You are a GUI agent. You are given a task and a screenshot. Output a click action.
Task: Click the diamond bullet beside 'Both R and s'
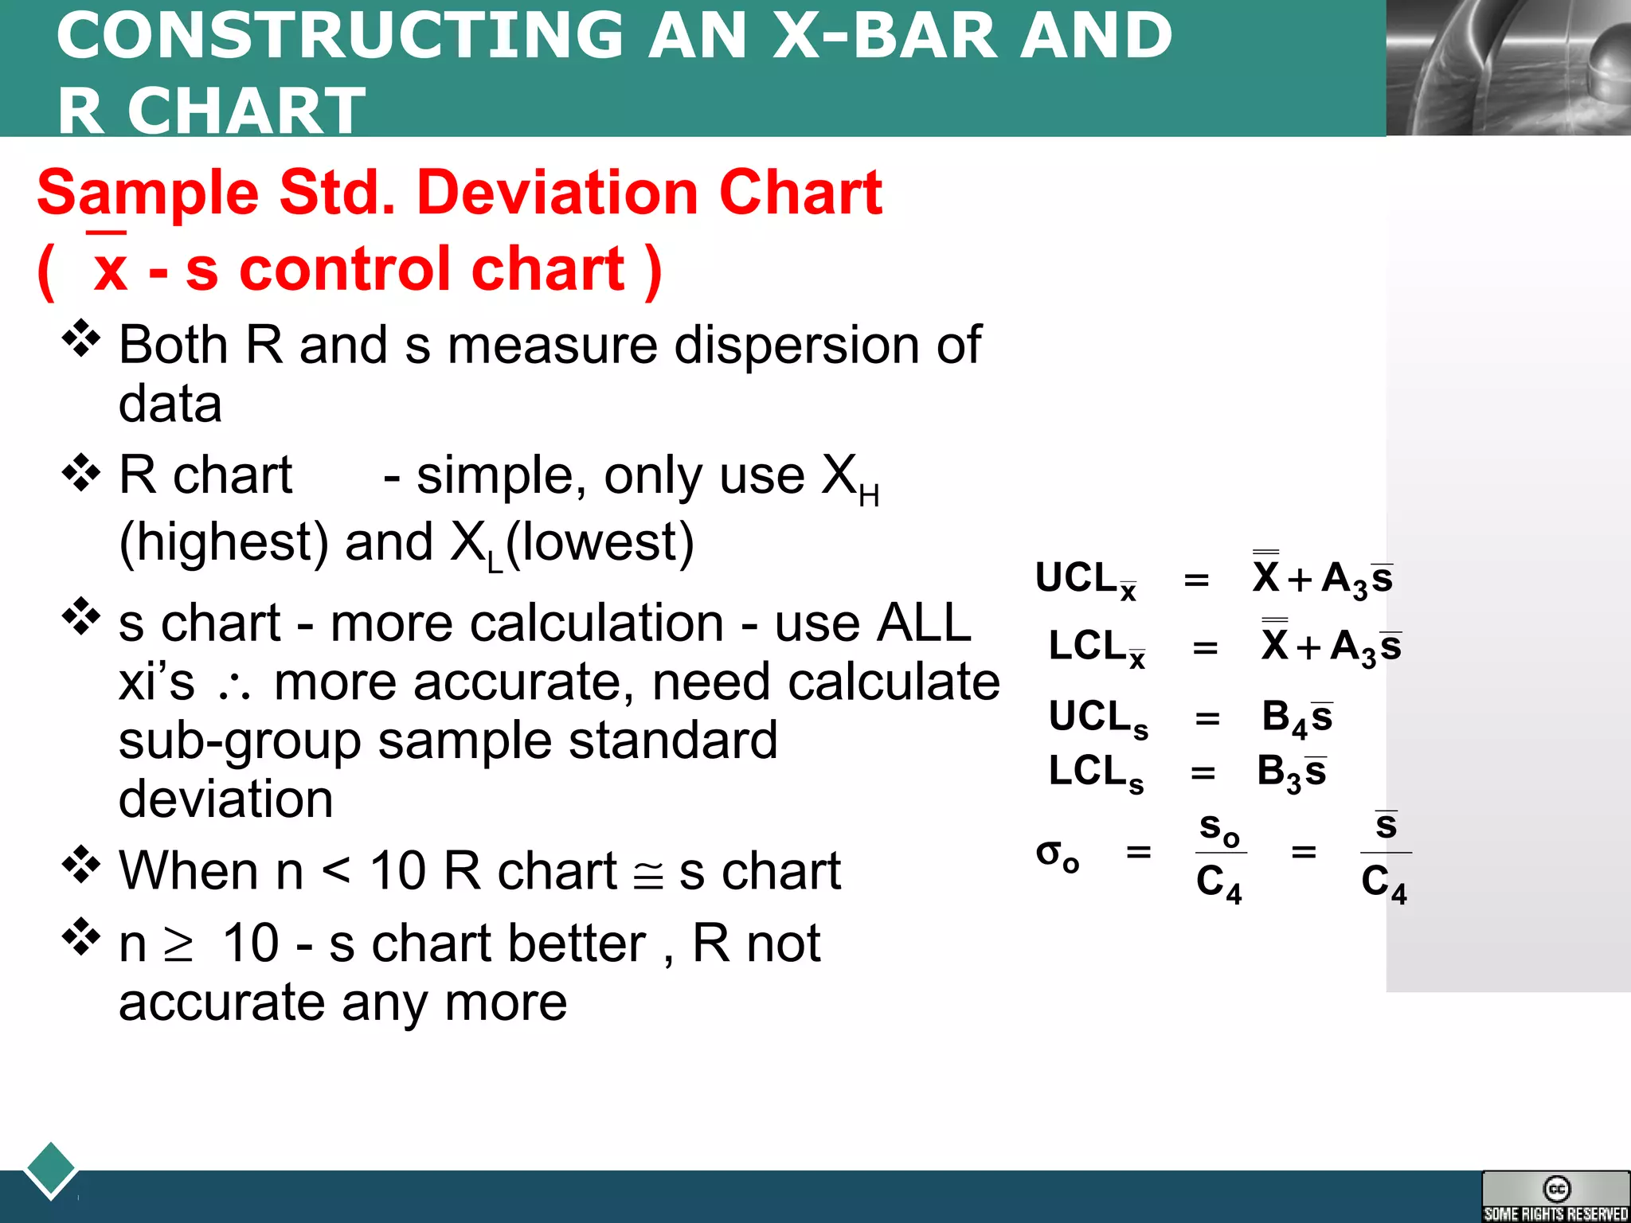point(81,338)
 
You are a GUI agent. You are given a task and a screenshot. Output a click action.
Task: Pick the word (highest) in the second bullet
point(224,543)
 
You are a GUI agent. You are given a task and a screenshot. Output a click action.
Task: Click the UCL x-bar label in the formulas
point(1085,579)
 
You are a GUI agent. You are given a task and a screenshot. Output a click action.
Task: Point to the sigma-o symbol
point(1057,855)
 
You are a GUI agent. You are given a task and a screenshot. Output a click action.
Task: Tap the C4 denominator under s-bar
point(1383,883)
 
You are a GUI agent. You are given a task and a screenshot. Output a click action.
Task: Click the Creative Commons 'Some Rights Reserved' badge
point(1555,1196)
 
